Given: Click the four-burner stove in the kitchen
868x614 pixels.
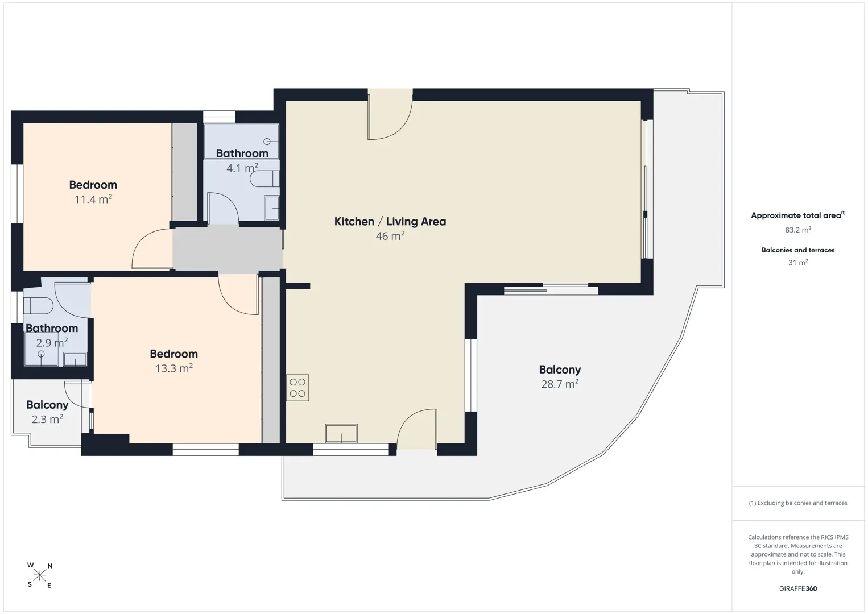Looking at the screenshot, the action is click(x=297, y=387).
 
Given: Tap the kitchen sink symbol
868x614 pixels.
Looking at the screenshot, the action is click(x=341, y=433).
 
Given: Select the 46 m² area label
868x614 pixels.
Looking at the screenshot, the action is click(x=390, y=235).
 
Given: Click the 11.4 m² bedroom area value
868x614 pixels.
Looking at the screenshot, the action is click(x=93, y=199).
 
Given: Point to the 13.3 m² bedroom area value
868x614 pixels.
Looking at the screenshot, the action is click(x=174, y=368).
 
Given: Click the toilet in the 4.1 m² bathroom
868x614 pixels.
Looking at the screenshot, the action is click(x=264, y=179).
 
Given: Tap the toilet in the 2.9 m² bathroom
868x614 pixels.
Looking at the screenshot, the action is click(x=38, y=305).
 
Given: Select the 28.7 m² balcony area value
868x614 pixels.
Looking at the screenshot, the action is click(x=560, y=384).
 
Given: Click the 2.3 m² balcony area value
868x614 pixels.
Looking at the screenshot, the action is click(x=47, y=419).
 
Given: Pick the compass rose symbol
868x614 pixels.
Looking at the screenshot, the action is click(x=39, y=575).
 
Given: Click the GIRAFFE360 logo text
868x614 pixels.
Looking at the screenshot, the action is click(x=798, y=588).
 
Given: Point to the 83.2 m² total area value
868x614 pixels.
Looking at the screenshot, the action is click(x=798, y=230).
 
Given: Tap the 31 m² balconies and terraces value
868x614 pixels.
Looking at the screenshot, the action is click(x=798, y=262).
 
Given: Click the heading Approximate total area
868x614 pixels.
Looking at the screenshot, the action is click(x=796, y=215).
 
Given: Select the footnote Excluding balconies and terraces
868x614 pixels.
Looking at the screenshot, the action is click(x=798, y=503).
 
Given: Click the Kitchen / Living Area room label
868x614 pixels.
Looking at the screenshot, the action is click(x=390, y=221).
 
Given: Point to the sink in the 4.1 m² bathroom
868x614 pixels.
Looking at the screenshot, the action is click(x=272, y=208).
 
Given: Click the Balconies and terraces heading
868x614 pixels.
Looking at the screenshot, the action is click(x=798, y=250).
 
